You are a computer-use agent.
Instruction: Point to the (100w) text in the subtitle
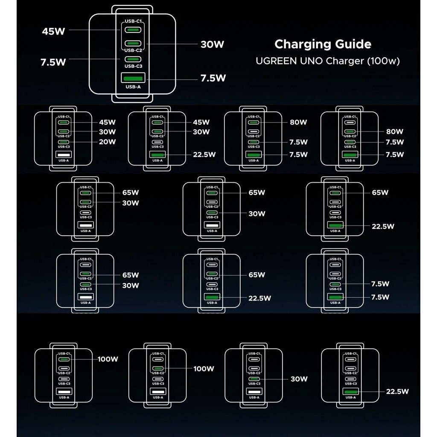click(x=383, y=61)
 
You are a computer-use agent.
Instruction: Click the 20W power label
click(x=107, y=142)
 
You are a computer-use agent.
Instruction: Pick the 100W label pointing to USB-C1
click(x=108, y=359)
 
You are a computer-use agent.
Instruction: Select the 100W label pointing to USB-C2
click(x=204, y=369)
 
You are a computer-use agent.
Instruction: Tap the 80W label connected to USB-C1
click(x=298, y=122)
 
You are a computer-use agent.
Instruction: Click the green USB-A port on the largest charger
click(x=133, y=78)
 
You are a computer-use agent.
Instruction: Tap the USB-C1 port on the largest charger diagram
click(x=133, y=29)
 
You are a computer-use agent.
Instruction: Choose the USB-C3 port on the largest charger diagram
click(x=133, y=59)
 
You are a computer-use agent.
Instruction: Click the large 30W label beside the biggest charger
click(x=212, y=44)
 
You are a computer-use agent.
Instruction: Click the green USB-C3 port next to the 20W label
click(x=64, y=142)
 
